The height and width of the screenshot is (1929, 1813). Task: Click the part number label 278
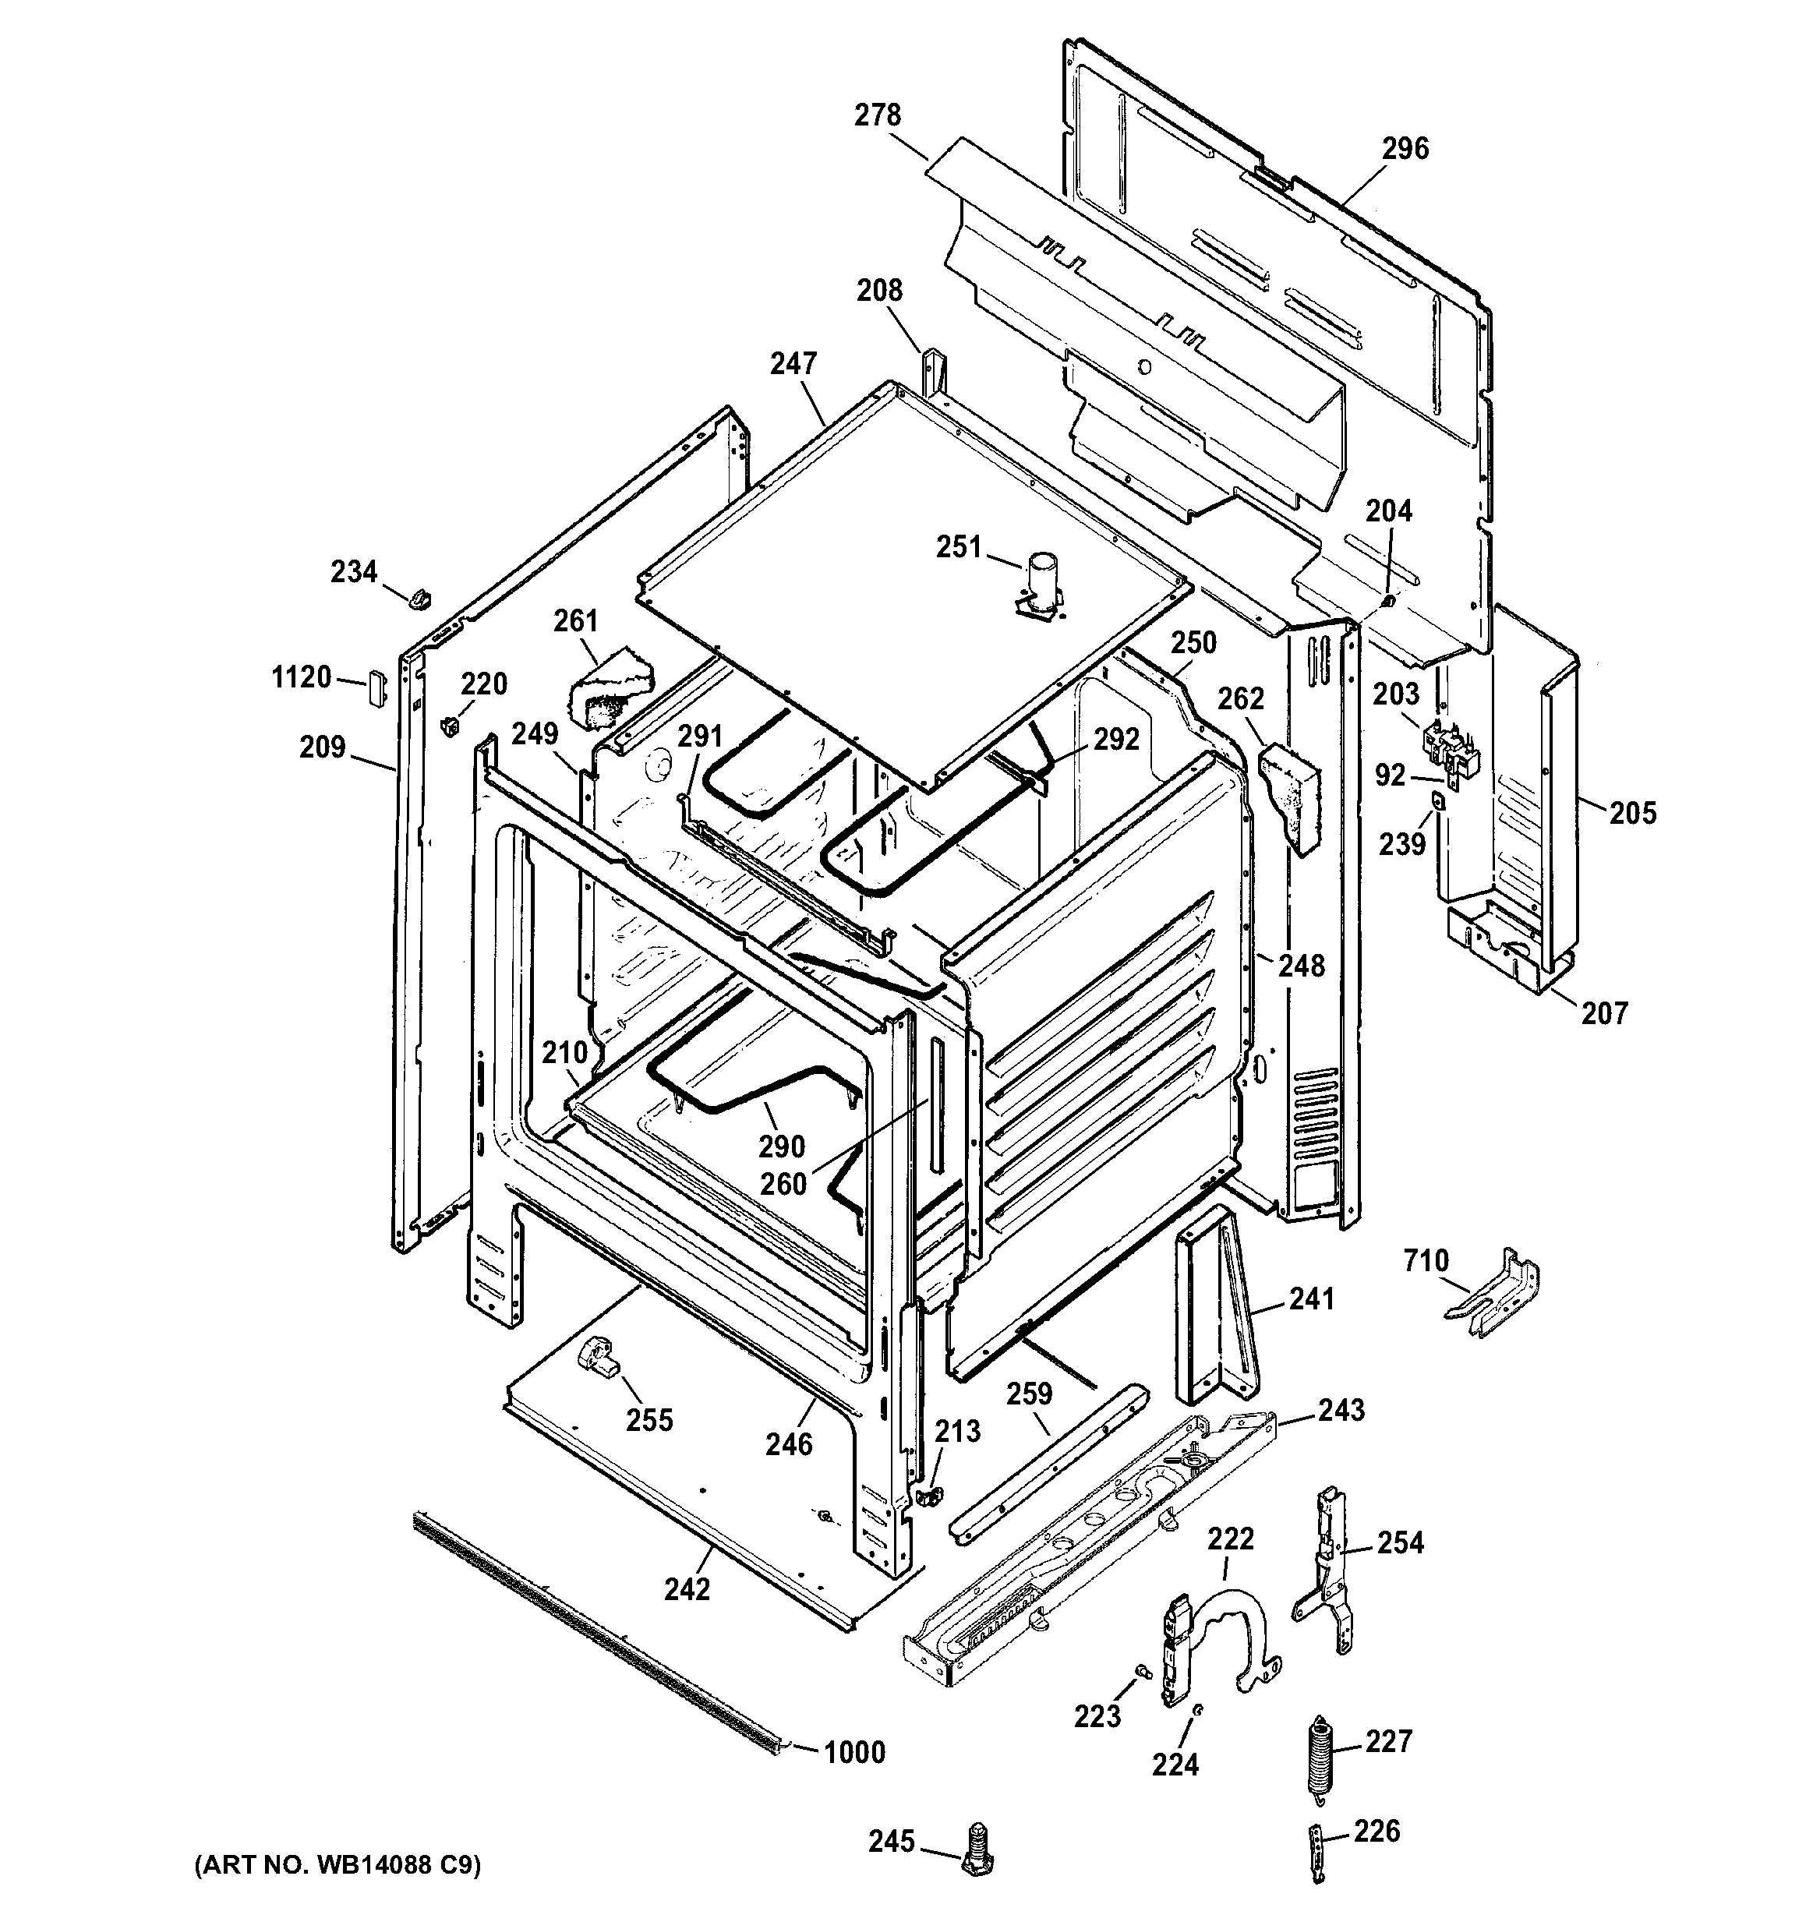tap(878, 115)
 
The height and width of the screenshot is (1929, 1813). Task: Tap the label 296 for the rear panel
tap(1405, 148)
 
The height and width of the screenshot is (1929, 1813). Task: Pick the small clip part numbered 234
tap(419, 599)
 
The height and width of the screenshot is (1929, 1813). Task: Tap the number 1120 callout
tap(302, 677)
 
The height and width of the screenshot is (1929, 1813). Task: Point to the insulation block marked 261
tap(609, 688)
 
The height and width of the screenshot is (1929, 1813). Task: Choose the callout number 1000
tap(854, 1752)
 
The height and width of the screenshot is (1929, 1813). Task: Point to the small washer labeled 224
tap(1198, 1710)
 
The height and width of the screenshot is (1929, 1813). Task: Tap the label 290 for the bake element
tap(781, 1146)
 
